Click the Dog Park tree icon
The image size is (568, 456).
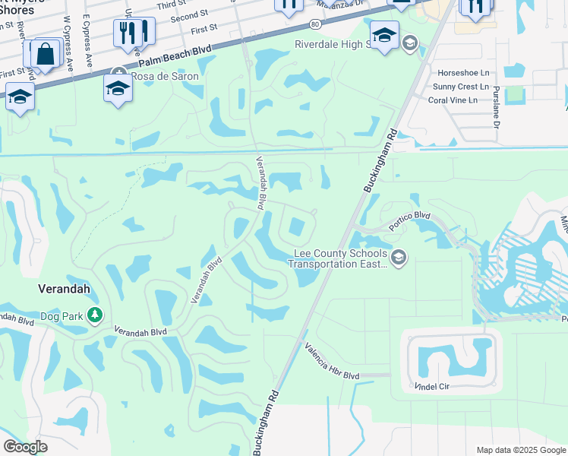(94, 315)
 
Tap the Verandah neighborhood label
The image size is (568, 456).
(65, 289)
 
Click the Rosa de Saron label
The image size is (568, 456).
(165, 76)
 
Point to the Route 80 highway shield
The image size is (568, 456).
(315, 25)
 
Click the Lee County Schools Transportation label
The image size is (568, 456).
(338, 259)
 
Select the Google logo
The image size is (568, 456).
(26, 447)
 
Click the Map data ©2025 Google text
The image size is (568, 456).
(520, 450)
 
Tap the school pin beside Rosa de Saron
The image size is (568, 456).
(118, 88)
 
